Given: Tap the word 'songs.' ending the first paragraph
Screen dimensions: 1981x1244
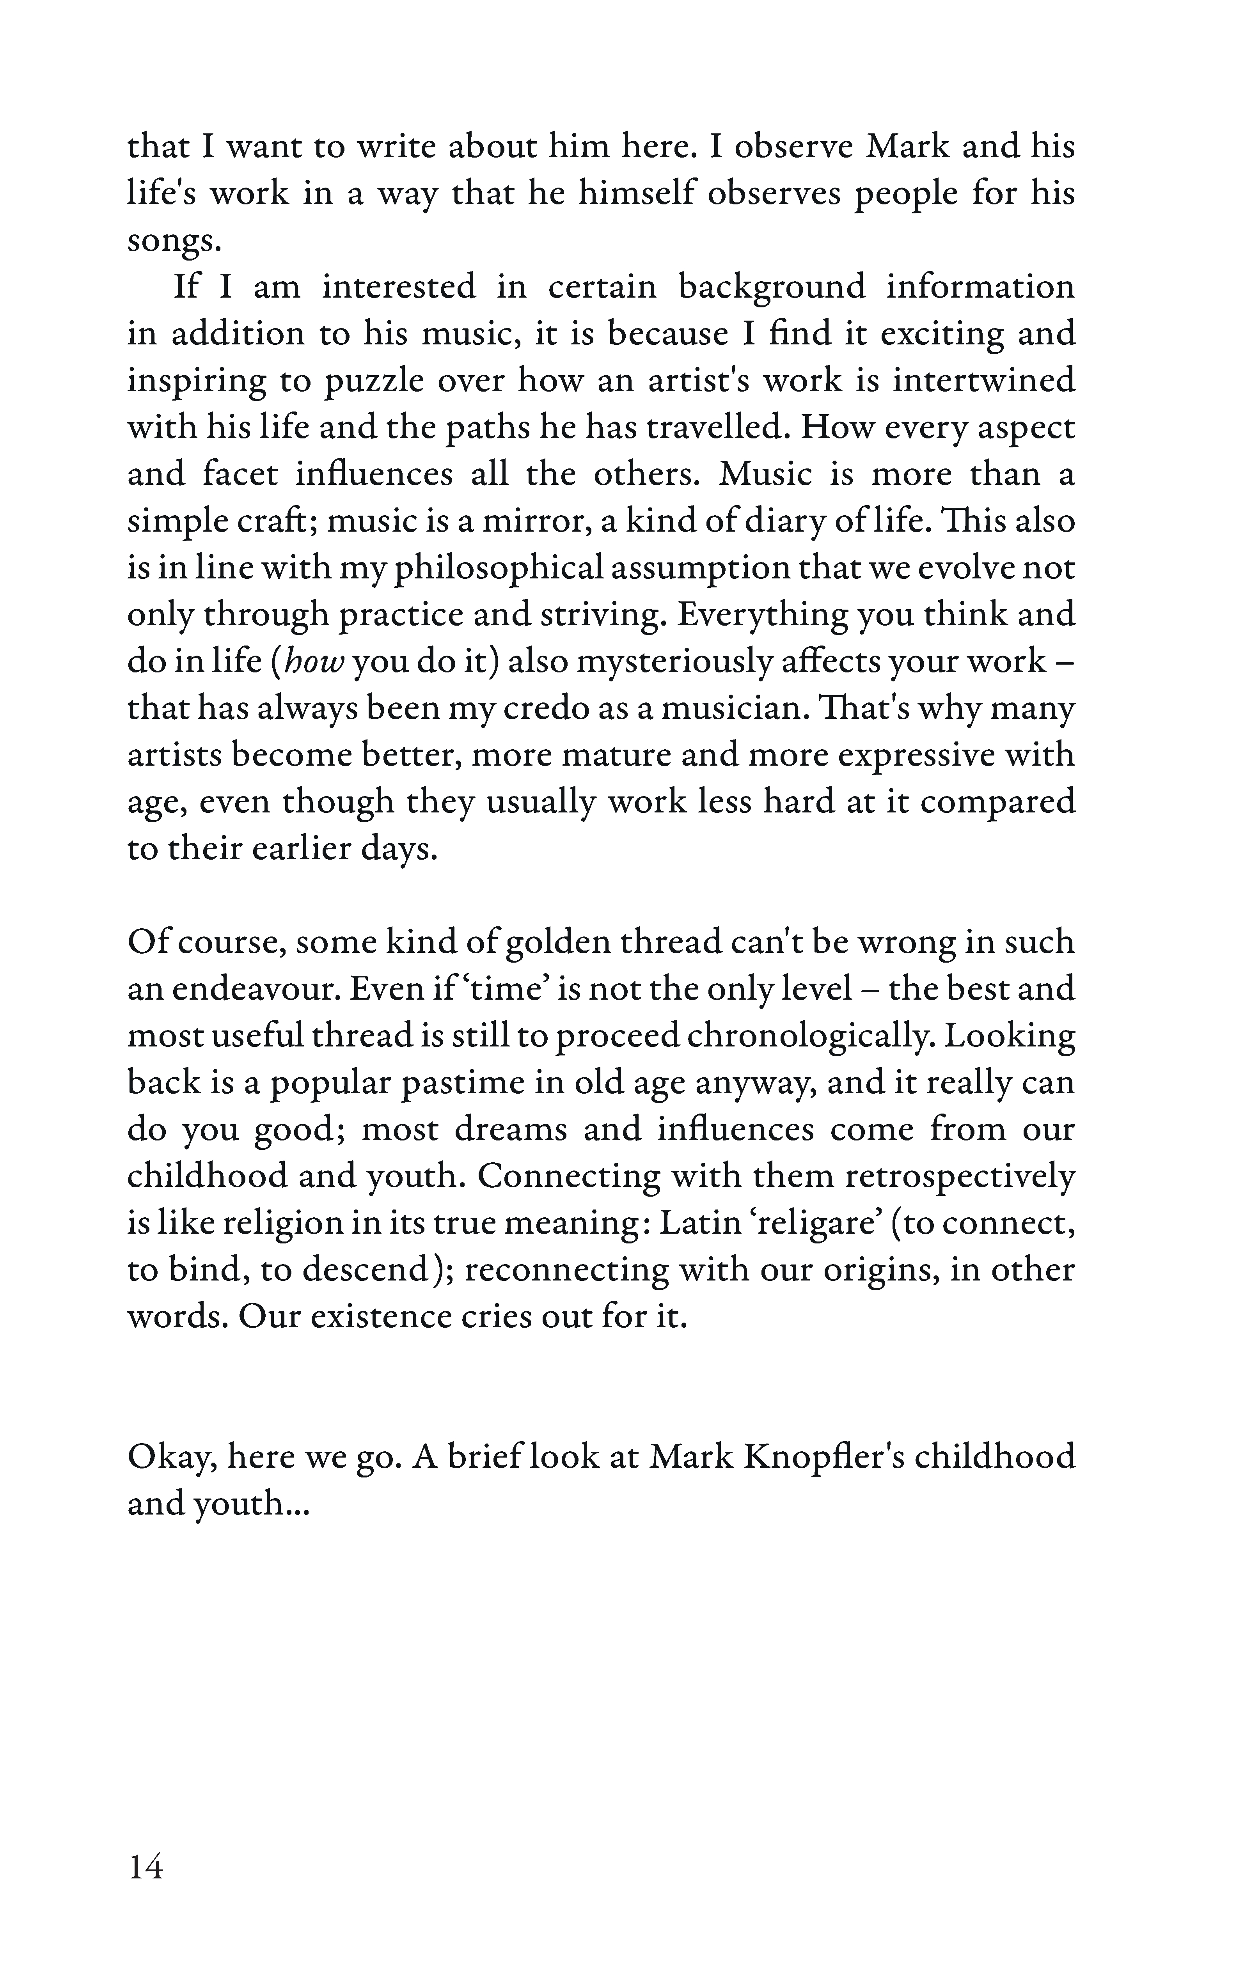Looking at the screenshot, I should click(x=174, y=241).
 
